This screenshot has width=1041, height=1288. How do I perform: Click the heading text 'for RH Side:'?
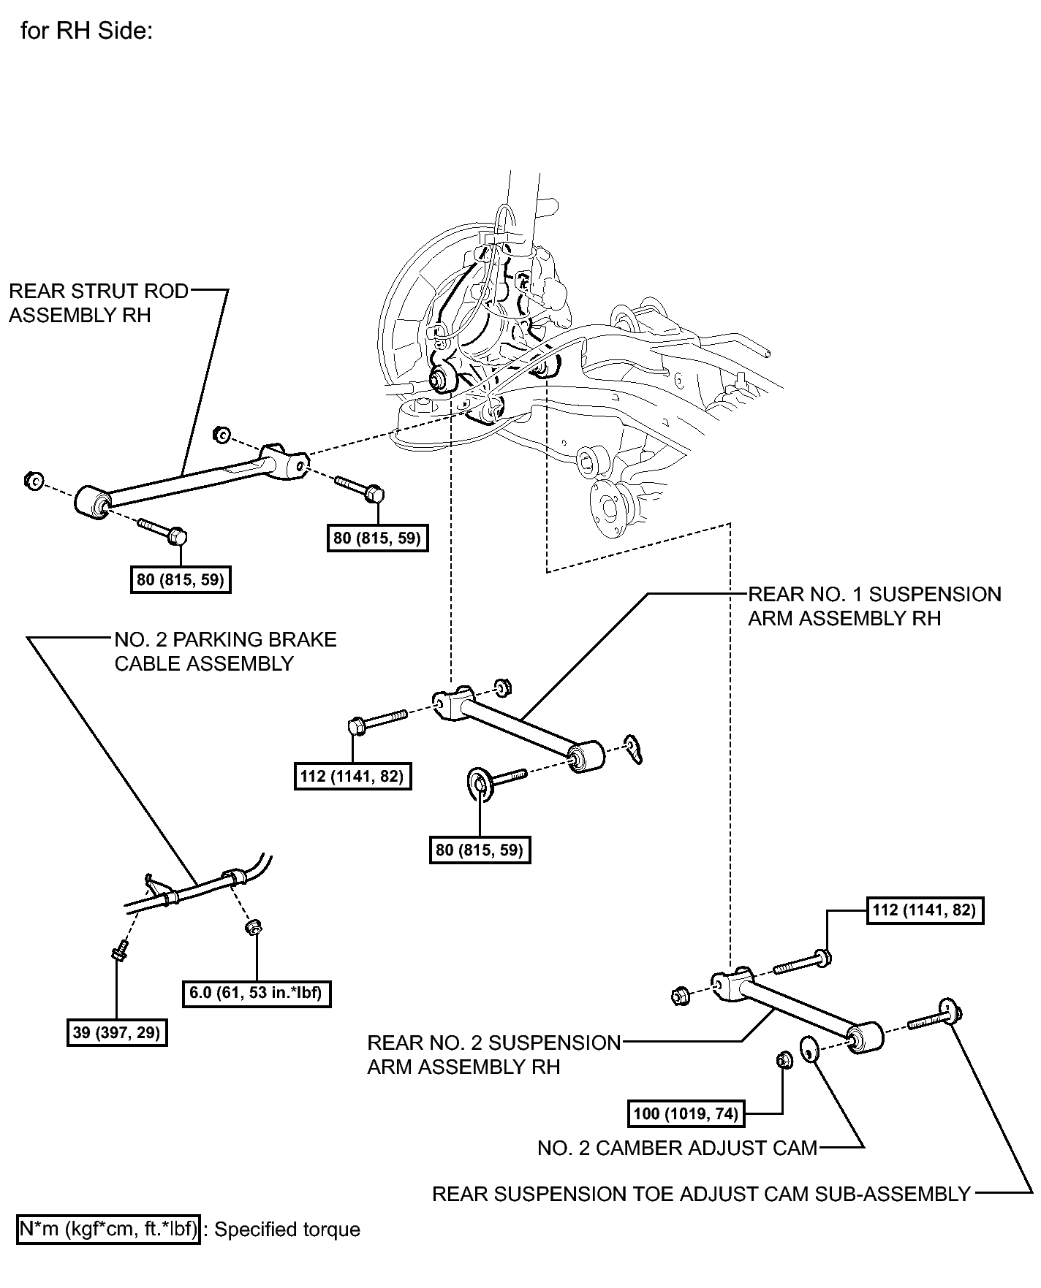[86, 31]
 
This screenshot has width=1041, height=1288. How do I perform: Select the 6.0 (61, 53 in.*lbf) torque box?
[257, 993]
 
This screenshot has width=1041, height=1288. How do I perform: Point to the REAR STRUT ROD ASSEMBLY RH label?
[99, 302]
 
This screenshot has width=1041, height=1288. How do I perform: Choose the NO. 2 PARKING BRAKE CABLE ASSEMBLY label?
[225, 651]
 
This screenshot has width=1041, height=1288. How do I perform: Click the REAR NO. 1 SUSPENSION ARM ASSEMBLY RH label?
[874, 606]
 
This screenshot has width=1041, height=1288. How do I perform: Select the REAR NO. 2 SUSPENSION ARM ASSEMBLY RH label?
[493, 1054]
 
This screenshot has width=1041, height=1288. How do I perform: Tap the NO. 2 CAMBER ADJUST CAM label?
[677, 1148]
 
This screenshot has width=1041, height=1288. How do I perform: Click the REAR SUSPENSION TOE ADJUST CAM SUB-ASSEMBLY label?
[701, 1194]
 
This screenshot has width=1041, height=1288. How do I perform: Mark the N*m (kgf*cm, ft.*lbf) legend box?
[108, 1230]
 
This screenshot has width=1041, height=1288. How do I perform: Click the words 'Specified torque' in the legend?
[287, 1230]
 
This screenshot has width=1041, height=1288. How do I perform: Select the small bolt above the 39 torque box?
[119, 952]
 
